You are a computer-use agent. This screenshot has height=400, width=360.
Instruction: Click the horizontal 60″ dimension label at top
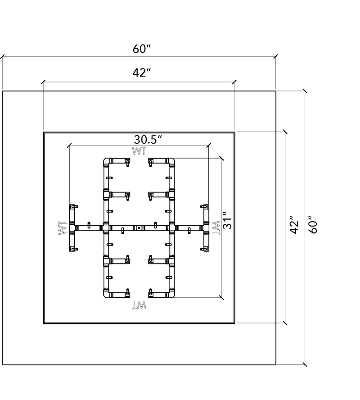tap(142, 49)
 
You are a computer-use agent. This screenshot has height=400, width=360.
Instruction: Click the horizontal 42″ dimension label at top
tap(142, 73)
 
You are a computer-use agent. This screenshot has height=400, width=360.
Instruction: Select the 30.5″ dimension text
tap(148, 140)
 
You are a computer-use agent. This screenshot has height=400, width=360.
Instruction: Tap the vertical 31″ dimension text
tap(227, 220)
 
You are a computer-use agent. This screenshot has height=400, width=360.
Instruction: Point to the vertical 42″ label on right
tap(294, 225)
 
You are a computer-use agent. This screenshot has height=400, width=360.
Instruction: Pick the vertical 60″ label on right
tap(313, 225)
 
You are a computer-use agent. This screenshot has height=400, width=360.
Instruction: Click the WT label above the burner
tap(139, 151)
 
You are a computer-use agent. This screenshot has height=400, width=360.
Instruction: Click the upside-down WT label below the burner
tap(139, 305)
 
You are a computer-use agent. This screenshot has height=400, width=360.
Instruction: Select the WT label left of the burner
tap(63, 228)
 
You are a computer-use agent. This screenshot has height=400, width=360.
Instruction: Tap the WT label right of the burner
tap(216, 228)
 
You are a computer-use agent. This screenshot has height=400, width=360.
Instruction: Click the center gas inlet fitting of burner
tap(139, 228)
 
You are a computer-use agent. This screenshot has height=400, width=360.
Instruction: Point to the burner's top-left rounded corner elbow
tap(107, 162)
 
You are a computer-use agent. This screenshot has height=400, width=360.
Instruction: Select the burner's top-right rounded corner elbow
tap(171, 162)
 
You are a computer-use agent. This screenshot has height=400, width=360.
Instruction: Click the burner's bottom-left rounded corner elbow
tap(107, 294)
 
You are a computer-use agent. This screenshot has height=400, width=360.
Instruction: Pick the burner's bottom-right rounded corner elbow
tap(171, 294)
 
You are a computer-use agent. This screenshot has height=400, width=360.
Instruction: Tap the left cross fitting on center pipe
tap(106, 228)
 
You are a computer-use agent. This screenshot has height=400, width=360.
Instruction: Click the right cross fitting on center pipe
tap(172, 228)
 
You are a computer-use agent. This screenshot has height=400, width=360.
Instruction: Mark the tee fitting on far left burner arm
tap(72, 228)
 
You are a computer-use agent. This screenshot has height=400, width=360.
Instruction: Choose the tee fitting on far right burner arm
tap(206, 228)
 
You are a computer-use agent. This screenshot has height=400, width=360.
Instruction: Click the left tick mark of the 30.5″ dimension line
tap(69, 145)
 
